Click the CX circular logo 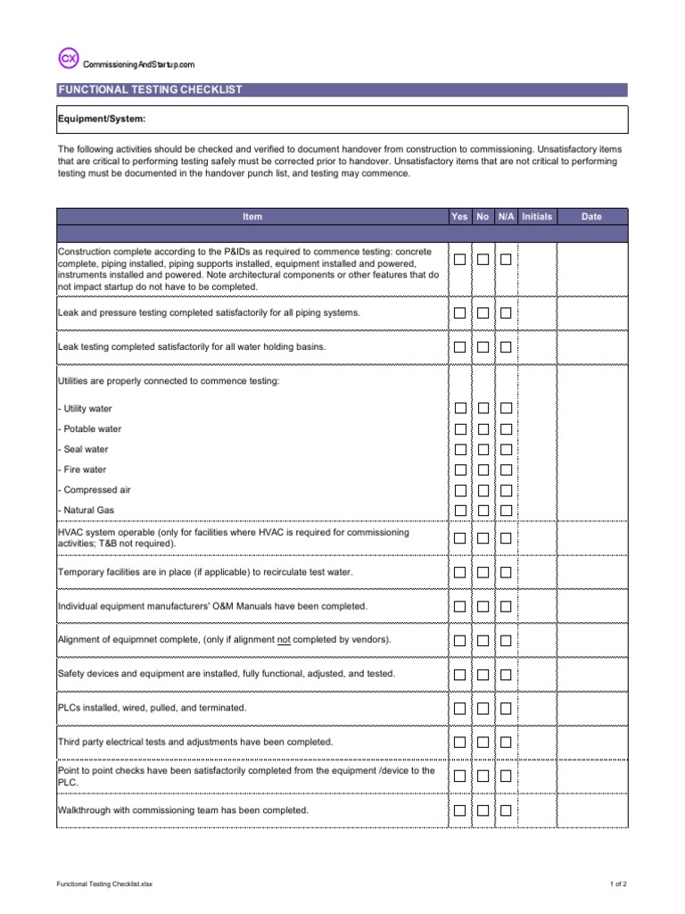[x=69, y=59]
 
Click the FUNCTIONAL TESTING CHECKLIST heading [x=150, y=90]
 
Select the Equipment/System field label [x=102, y=119]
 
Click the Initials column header [x=537, y=217]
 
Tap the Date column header [x=591, y=217]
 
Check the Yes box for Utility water [x=459, y=408]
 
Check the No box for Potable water [x=483, y=428]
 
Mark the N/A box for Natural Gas [x=506, y=510]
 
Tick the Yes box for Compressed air [x=459, y=490]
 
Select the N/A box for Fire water [x=506, y=469]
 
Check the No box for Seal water [x=483, y=449]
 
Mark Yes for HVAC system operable [x=459, y=538]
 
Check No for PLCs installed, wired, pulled [x=483, y=708]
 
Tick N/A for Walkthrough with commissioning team [x=506, y=810]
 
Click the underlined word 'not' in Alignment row [x=285, y=640]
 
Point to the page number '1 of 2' [x=618, y=884]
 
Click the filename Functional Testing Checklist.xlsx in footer [x=105, y=884]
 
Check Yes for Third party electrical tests [x=459, y=742]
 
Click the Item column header [x=252, y=217]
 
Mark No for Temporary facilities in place [x=483, y=572]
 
